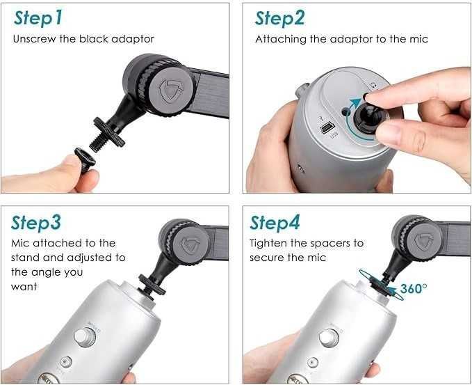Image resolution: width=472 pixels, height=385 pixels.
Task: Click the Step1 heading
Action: tap(38, 19)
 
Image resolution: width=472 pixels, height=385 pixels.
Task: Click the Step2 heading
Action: tap(280, 19)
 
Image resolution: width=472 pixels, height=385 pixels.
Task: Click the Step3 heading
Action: tap(36, 223)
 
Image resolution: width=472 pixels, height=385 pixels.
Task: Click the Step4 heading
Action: tap(275, 223)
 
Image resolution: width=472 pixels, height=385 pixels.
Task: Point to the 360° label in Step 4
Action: tap(414, 288)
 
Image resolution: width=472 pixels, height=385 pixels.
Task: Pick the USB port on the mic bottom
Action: tap(328, 127)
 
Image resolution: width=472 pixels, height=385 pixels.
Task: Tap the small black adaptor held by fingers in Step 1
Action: tap(85, 159)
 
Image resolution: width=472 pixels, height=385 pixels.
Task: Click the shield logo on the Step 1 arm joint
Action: tap(171, 91)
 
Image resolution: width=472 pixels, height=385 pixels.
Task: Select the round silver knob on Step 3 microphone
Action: tap(85, 337)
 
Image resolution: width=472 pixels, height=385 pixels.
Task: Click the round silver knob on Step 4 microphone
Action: tap(329, 338)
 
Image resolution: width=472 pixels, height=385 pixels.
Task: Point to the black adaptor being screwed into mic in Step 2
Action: tap(368, 118)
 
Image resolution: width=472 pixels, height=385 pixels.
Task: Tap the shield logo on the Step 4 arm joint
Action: tap(424, 241)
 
